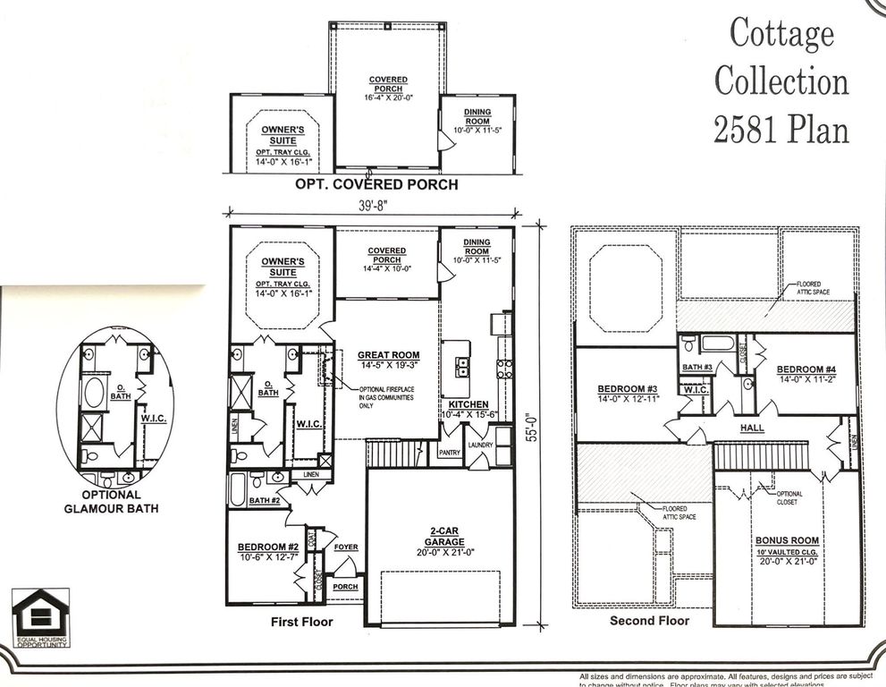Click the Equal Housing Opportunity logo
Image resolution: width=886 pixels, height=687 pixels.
[40, 617]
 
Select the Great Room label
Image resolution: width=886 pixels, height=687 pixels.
[387, 355]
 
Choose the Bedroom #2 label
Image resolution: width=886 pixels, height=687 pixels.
[266, 547]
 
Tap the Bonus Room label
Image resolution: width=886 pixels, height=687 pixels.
[787, 541]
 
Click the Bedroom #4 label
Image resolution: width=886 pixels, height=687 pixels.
[806, 369]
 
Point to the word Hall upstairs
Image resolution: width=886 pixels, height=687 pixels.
[752, 428]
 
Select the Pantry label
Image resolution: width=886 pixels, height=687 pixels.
[449, 454]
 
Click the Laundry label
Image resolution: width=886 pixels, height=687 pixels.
[481, 445]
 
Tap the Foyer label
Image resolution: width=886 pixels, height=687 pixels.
[346, 547]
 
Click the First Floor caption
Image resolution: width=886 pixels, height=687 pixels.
[301, 621]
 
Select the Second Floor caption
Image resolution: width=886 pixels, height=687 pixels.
[649, 620]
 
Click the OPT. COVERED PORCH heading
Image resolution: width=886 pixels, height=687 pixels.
[377, 185]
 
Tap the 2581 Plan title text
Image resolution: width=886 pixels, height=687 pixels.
[781, 130]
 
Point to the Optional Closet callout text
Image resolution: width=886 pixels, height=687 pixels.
[789, 497]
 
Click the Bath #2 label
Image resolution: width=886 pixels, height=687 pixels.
[264, 501]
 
